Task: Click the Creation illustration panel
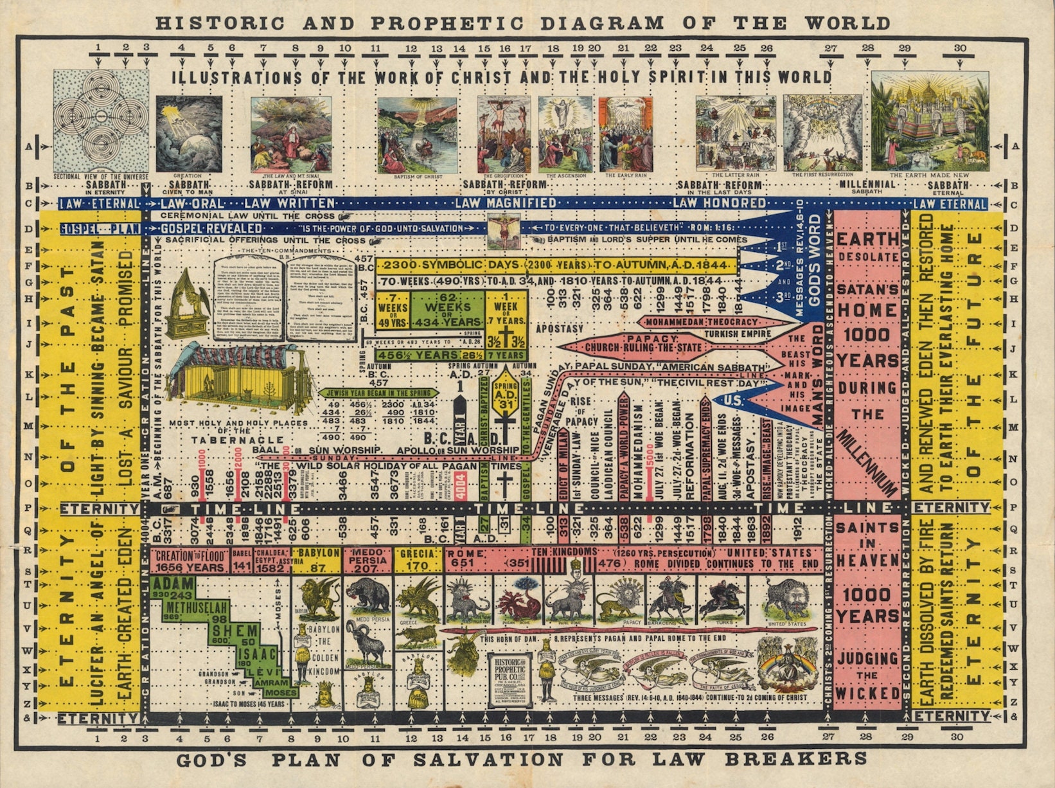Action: [189, 134]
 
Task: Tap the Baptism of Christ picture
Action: [417, 134]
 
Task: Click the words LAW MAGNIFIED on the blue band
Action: [506, 203]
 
